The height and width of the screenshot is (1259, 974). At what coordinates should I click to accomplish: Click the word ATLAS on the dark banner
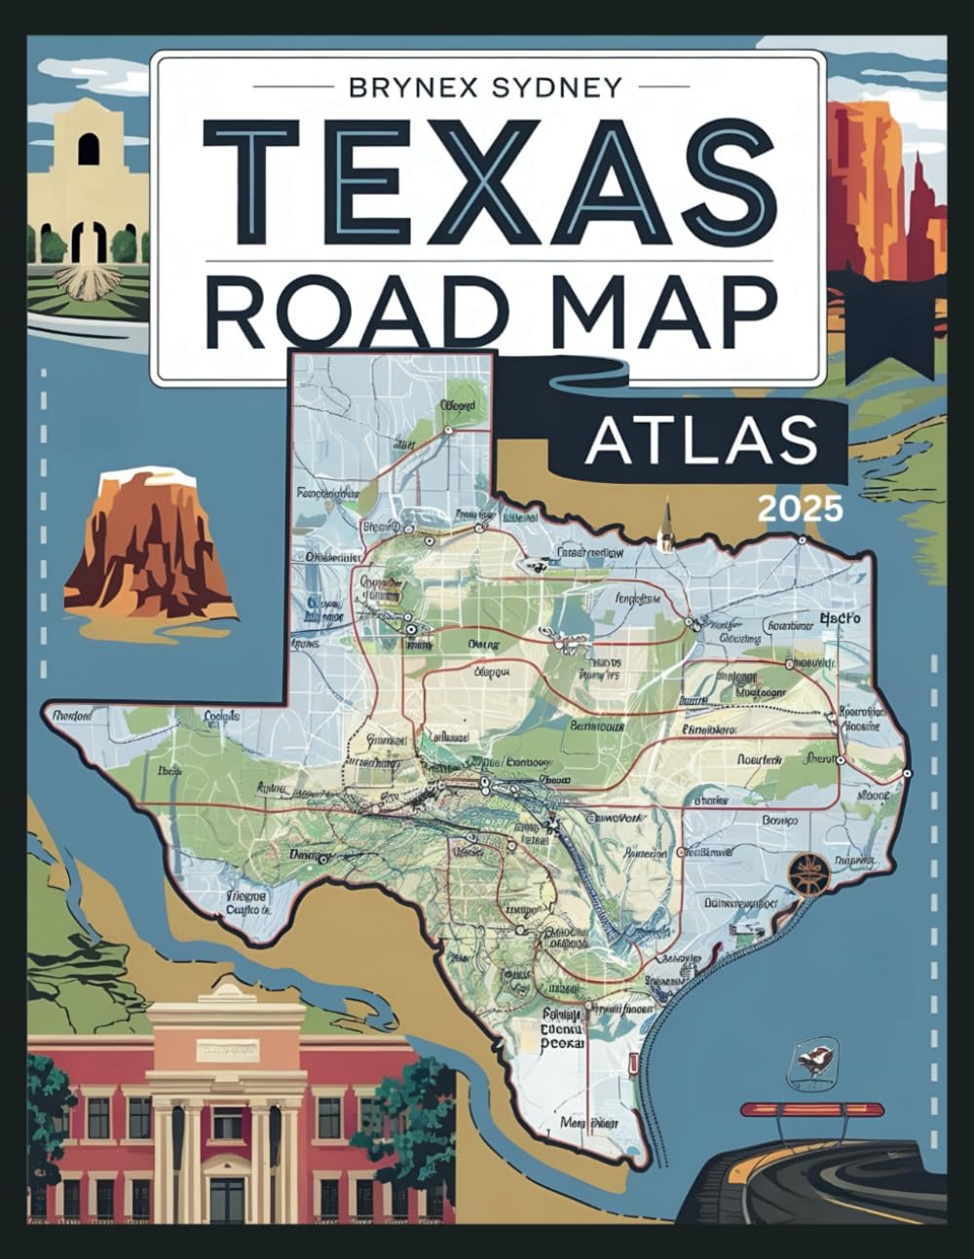pyautogui.click(x=701, y=440)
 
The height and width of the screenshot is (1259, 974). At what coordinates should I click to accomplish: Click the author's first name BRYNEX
pyautogui.click(x=414, y=87)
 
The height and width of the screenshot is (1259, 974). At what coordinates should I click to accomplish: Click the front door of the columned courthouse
pyautogui.click(x=227, y=1199)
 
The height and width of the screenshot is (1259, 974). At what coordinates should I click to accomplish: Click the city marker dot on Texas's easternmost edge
pyautogui.click(x=907, y=773)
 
